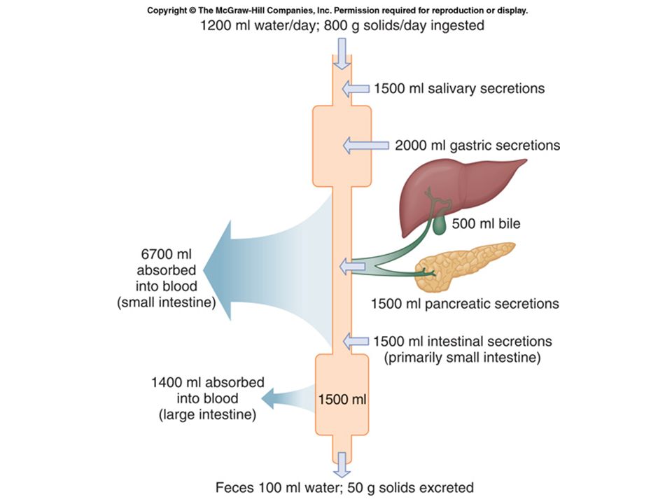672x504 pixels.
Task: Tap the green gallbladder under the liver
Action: coord(440,225)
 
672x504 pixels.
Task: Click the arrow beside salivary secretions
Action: coord(356,89)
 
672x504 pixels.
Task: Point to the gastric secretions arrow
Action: coord(366,146)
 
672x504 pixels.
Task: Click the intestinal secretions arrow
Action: coord(356,342)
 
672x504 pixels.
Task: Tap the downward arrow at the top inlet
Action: coord(342,54)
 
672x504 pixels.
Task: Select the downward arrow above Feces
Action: coord(342,465)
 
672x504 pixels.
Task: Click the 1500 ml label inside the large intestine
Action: coord(342,400)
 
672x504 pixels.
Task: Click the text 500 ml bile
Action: coord(486,223)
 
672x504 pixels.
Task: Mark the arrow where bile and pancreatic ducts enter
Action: coord(352,267)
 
